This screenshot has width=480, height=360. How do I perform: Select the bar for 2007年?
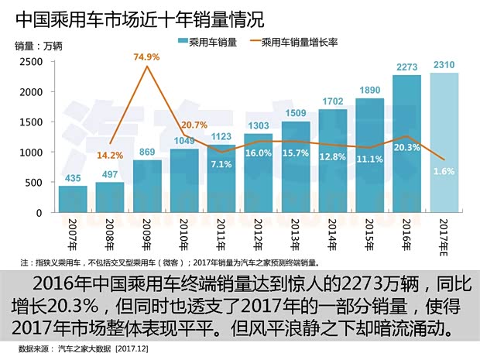[73, 198]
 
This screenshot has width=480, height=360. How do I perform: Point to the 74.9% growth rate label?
[148, 57]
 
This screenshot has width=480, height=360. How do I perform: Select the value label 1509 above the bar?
[296, 113]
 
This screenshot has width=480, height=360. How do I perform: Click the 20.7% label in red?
[194, 125]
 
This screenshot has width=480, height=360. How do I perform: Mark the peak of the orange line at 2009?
[147, 68]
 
